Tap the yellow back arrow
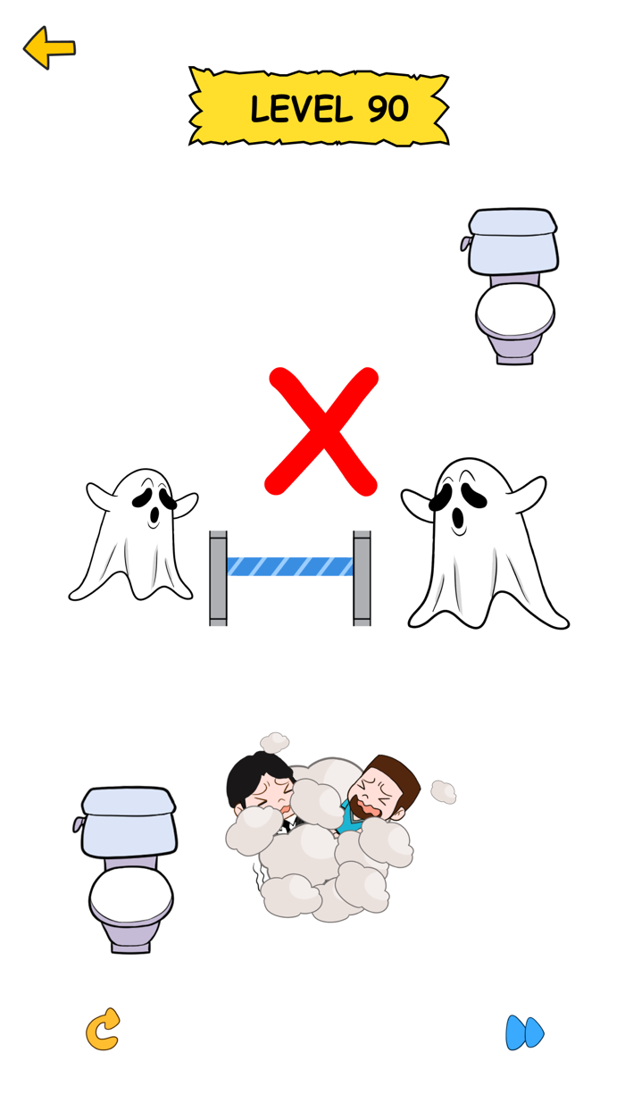[x=48, y=48]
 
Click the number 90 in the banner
[x=387, y=110]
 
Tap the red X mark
[x=322, y=431]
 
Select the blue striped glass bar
[x=289, y=566]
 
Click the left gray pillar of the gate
[x=218, y=578]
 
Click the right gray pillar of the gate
[x=362, y=578]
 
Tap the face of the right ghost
[x=456, y=505]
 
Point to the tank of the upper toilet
[x=512, y=241]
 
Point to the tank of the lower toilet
[x=128, y=822]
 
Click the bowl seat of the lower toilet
[x=130, y=896]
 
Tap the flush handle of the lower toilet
[x=79, y=823]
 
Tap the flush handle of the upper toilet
[x=465, y=243]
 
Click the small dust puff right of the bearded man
[x=443, y=791]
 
